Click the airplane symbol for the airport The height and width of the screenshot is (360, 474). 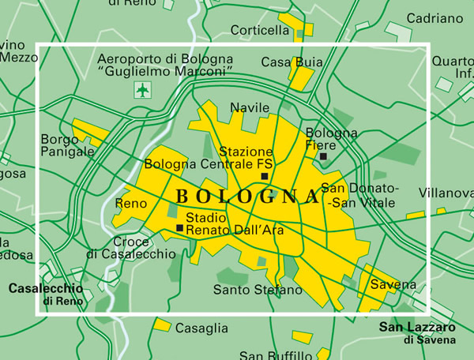tap(142, 90)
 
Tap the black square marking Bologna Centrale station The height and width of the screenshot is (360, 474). tap(265, 176)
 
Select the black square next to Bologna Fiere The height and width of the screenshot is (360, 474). tap(324, 157)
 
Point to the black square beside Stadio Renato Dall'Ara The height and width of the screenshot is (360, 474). tap(180, 228)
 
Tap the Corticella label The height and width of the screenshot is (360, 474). tap(260, 31)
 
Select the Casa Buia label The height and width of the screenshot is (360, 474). tap(282, 62)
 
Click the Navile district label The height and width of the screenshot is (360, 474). tap(250, 107)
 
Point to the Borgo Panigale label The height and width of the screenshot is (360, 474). tap(67, 145)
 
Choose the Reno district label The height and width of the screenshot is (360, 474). tap(130, 204)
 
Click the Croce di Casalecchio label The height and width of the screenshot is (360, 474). tap(130, 248)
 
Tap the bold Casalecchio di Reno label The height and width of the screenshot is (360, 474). tap(46, 294)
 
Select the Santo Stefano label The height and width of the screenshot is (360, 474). tap(258, 290)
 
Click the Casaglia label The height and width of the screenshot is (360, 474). tap(201, 328)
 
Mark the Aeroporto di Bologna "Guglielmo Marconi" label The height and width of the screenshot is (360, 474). tap(164, 66)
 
